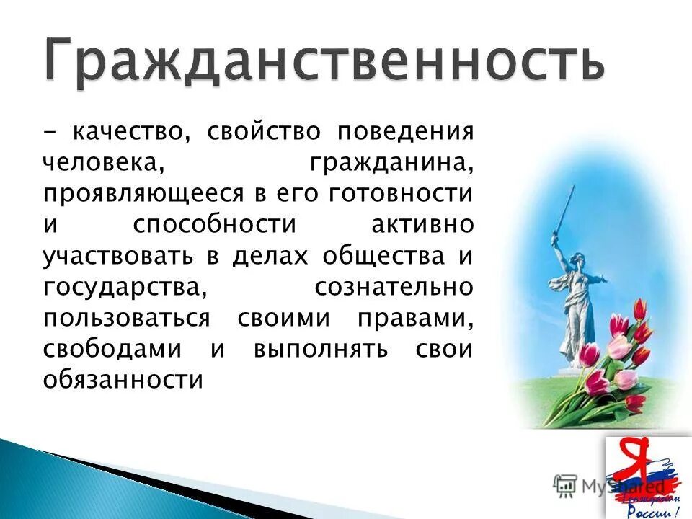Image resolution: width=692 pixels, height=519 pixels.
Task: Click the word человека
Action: click(x=101, y=163)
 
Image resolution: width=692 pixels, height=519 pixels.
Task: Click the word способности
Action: click(x=214, y=225)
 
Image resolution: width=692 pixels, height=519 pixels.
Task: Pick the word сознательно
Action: click(x=394, y=287)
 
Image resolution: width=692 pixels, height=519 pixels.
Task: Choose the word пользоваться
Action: click(x=126, y=318)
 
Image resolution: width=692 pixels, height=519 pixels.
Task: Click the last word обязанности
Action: click(x=123, y=380)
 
